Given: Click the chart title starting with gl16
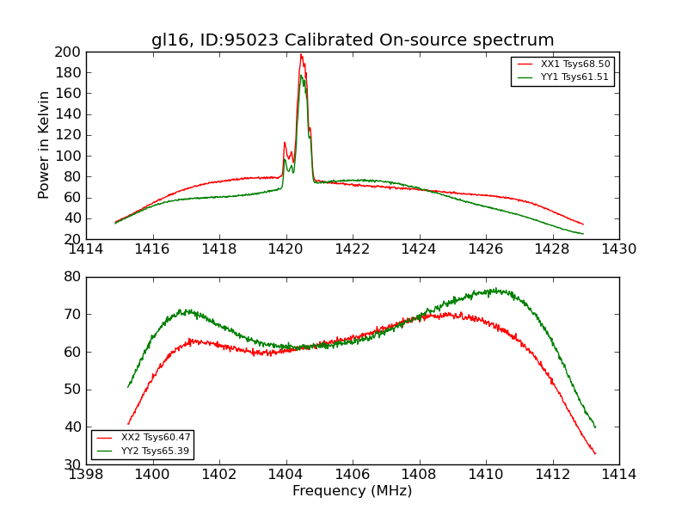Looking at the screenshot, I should coord(353,40).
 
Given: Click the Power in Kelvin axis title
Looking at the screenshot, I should coord(45,145).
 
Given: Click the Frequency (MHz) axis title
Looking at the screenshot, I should coord(353,491).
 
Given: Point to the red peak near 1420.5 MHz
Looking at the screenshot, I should coord(301,55).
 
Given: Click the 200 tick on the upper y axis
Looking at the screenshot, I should coord(68,52).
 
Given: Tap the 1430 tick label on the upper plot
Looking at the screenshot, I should coord(619,249).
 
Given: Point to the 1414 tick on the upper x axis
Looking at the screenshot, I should coord(86,249).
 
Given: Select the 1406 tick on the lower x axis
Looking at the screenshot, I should coord(353,475).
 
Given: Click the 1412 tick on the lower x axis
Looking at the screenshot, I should coord(552,475).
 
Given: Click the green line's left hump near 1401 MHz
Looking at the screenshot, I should coord(182,310).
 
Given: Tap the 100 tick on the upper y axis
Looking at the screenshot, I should coord(68,156).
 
